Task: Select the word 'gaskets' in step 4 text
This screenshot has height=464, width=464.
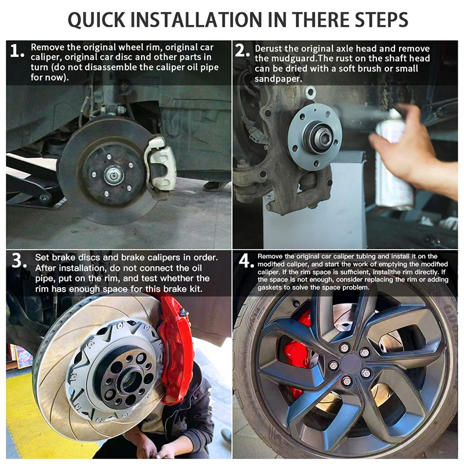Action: click(x=270, y=288)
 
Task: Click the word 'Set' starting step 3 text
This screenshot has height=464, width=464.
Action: click(x=42, y=258)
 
